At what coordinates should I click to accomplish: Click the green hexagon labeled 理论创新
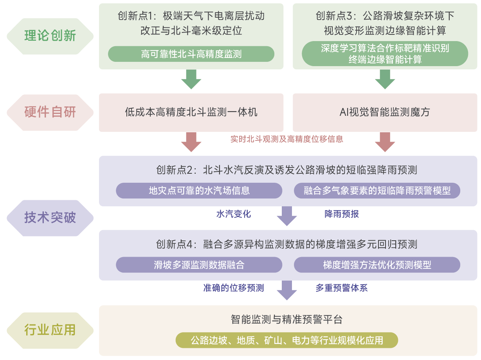pyautogui.click(x=50, y=36)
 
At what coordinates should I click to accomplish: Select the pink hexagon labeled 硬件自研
pyautogui.click(x=50, y=112)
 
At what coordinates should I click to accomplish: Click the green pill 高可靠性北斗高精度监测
pyautogui.click(x=191, y=54)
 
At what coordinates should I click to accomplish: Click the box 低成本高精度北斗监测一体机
pyautogui.click(x=191, y=112)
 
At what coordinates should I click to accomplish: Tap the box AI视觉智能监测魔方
pyautogui.click(x=385, y=112)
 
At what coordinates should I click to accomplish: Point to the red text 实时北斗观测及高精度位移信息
pyautogui.click(x=286, y=139)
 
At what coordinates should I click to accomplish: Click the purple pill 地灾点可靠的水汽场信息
pyautogui.click(x=199, y=191)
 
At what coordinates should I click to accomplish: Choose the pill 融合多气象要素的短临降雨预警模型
pyautogui.click(x=377, y=191)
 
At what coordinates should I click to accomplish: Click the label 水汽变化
pyautogui.click(x=233, y=214)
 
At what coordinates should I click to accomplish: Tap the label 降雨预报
pyautogui.click(x=341, y=214)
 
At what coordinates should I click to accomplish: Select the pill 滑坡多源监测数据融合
pyautogui.click(x=199, y=265)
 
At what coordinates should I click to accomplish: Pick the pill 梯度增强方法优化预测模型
pyautogui.click(x=377, y=265)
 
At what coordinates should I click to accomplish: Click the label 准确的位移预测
pyautogui.click(x=233, y=288)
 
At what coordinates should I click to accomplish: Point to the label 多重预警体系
pyautogui.click(x=341, y=288)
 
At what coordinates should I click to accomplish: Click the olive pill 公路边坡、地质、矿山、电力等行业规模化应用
pyautogui.click(x=286, y=340)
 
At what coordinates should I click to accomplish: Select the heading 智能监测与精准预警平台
pyautogui.click(x=286, y=320)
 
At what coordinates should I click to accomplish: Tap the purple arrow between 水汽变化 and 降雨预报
pyautogui.click(x=286, y=216)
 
